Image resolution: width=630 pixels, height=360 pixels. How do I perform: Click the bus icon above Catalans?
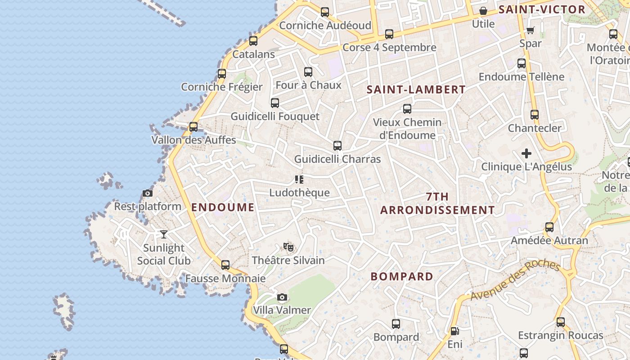pyautogui.click(x=253, y=41)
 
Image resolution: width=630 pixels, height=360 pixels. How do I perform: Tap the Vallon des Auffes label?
pyautogui.click(x=193, y=140)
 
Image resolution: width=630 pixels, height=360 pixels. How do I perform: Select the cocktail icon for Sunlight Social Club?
pyautogui.click(x=164, y=234)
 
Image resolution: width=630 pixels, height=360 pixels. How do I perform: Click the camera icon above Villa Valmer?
pyautogui.click(x=282, y=297)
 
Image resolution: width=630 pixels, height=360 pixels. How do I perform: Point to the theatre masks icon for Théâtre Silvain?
pyautogui.click(x=288, y=247)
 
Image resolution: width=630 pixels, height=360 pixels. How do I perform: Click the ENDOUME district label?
pyautogui.click(x=223, y=207)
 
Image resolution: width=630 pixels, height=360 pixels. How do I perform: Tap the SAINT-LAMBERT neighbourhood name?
pyautogui.click(x=416, y=90)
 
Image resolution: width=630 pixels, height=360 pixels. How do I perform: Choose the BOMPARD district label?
pyautogui.click(x=402, y=276)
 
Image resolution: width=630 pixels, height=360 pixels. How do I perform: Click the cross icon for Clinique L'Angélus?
pyautogui.click(x=526, y=153)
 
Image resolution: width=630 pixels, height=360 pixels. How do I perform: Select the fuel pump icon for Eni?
pyautogui.click(x=455, y=331)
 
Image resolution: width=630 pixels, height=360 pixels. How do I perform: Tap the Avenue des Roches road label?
pyautogui.click(x=515, y=280)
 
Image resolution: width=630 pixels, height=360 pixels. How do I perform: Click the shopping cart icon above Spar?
pyautogui.click(x=531, y=30)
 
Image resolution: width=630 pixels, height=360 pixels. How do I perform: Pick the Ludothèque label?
pyautogui.click(x=299, y=193)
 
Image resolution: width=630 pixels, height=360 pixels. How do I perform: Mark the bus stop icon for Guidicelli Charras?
pyautogui.click(x=337, y=146)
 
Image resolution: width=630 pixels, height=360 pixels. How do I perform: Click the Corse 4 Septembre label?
pyautogui.click(x=389, y=47)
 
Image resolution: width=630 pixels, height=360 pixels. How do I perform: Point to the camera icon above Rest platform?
pyautogui.click(x=147, y=193)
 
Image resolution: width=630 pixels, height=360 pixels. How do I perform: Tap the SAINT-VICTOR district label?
pyautogui.click(x=542, y=9)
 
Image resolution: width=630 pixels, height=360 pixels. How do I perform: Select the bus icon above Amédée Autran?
pyautogui.click(x=549, y=227)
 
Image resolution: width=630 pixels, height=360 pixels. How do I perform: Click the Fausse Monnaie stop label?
pyautogui.click(x=225, y=279)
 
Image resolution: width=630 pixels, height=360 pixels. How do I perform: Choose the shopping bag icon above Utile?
pyautogui.click(x=483, y=11)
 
